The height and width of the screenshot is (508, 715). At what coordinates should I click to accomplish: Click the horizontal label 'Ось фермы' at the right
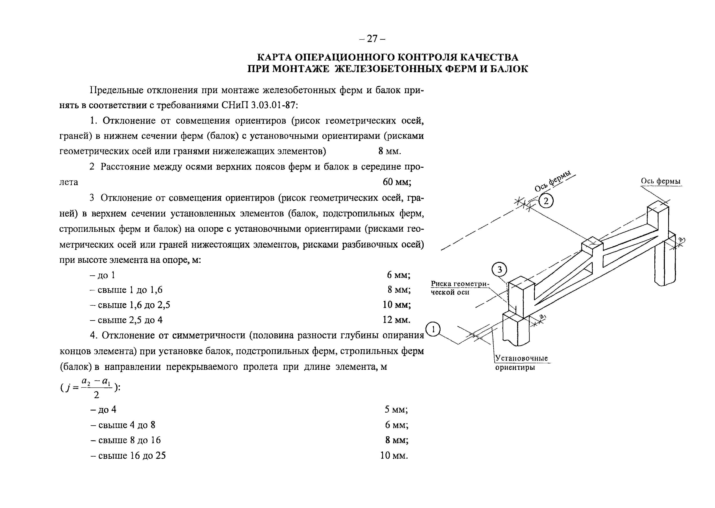coord(661,181)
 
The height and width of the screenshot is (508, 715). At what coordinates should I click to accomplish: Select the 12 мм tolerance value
coord(396,320)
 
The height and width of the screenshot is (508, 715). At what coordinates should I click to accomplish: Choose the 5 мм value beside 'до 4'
coord(396,409)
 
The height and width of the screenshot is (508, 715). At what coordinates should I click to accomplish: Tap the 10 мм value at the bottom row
coord(394,456)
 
